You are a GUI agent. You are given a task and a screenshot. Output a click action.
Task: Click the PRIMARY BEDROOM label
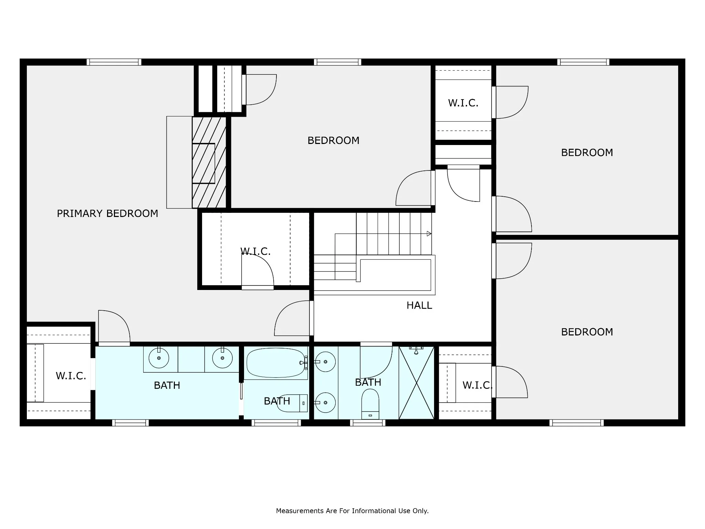[107, 214]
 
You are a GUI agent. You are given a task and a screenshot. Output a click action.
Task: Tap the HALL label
[419, 305]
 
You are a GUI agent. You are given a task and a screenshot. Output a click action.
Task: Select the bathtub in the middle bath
[276, 363]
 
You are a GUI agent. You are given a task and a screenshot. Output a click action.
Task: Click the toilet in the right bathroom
[370, 404]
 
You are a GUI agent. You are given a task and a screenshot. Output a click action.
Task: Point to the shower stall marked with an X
[417, 383]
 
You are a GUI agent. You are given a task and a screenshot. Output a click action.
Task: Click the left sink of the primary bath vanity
[159, 358]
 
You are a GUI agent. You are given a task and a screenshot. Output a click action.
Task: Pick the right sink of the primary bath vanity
[222, 358]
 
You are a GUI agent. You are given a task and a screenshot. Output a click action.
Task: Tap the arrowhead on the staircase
[429, 234]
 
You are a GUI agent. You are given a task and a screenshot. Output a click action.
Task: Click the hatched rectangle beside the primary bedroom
[209, 162]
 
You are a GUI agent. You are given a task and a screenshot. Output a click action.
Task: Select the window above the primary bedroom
[114, 62]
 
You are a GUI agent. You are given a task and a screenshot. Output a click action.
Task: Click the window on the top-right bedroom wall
[583, 62]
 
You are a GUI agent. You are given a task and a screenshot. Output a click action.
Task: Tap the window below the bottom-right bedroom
[577, 423]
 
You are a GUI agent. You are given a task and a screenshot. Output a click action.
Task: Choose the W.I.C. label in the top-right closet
[463, 103]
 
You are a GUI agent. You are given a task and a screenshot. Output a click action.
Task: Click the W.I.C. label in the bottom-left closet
[71, 376]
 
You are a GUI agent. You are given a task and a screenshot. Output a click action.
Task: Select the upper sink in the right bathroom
[325, 362]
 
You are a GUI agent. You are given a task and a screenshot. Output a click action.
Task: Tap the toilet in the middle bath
[292, 403]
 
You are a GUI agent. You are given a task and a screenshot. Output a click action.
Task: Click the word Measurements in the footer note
[300, 511]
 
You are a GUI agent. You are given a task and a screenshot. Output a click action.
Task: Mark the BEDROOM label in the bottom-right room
[587, 332]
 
